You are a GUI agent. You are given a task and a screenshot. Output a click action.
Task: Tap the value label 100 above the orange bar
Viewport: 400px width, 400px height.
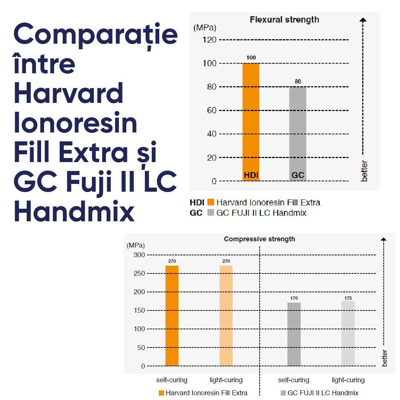pyautogui.click(x=251, y=58)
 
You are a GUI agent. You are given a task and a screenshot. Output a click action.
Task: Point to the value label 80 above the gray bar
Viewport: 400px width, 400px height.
pyautogui.click(x=297, y=81)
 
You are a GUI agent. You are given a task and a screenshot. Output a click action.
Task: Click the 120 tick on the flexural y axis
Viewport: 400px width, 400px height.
pyautogui.click(x=209, y=40)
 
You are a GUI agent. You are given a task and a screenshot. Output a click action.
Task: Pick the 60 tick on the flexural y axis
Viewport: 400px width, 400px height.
pyautogui.click(x=211, y=110)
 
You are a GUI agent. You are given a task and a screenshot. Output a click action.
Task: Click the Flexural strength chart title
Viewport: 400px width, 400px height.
pyautogui.click(x=284, y=20)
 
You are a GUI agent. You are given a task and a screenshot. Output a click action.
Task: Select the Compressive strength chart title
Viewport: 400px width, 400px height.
pyautogui.click(x=259, y=239)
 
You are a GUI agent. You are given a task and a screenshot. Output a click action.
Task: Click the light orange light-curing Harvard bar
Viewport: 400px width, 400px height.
pyautogui.click(x=226, y=316)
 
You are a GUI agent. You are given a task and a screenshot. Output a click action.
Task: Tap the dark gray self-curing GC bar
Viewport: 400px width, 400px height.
pyautogui.click(x=294, y=334)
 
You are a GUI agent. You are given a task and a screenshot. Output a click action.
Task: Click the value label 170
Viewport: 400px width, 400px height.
pyautogui.click(x=294, y=298)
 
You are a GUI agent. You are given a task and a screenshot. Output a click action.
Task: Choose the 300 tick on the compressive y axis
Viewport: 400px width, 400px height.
pyautogui.click(x=139, y=255)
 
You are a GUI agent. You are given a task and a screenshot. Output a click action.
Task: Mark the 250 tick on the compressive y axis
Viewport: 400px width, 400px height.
pyautogui.click(x=139, y=273)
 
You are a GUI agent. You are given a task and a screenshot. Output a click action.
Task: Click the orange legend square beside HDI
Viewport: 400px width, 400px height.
pyautogui.click(x=210, y=202)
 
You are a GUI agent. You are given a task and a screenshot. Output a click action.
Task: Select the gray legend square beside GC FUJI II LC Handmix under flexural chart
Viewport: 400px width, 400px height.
pyautogui.click(x=210, y=213)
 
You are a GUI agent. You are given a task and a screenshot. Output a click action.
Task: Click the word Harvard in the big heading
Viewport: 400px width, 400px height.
pyautogui.click(x=69, y=93)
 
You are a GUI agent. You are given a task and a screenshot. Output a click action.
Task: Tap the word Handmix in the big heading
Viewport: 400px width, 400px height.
pyautogui.click(x=74, y=212)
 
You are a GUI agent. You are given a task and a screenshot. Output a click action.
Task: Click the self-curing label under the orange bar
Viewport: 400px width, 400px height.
pyautogui.click(x=172, y=380)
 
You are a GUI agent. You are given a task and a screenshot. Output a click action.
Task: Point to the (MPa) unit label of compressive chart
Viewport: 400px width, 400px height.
pyautogui.click(x=136, y=245)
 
